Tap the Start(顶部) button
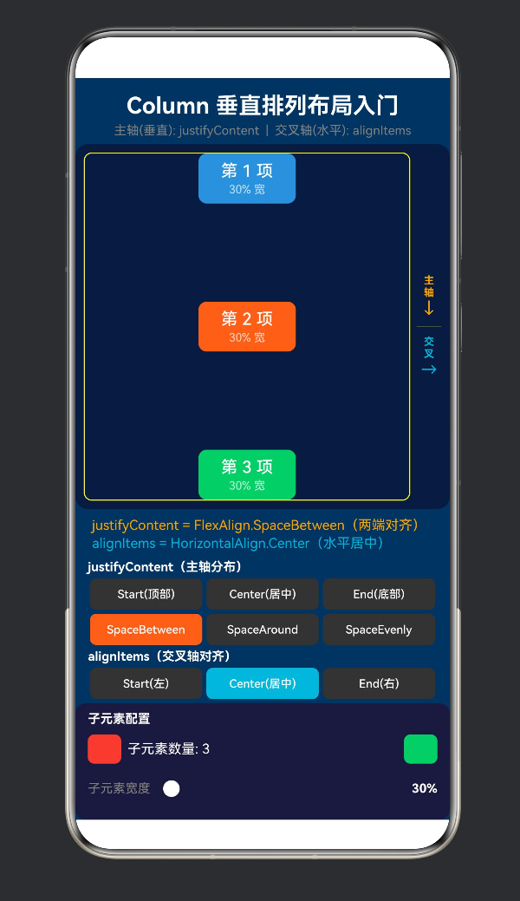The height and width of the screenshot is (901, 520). pos(146,594)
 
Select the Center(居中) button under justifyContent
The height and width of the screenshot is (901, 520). pos(263,594)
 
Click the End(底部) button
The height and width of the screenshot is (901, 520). pos(379,594)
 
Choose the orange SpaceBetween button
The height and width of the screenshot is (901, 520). pos(146,630)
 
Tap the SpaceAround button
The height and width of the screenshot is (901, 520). pos(263,630)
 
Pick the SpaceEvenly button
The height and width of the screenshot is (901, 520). pos(379,630)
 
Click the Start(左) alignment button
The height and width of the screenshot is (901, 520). pos(146,683)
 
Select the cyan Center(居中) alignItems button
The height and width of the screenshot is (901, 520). pos(263,683)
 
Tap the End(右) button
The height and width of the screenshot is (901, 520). pos(379,683)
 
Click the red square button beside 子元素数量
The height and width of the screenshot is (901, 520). pos(105,749)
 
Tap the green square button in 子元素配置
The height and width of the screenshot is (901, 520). pos(420,749)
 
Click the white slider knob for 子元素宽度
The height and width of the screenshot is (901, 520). pos(172,788)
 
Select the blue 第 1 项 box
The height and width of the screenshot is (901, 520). pos(247,179)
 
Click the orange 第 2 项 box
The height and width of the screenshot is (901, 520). pos(247,326)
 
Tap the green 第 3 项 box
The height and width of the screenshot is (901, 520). pos(247,474)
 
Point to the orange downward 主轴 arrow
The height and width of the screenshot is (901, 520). pos(429,308)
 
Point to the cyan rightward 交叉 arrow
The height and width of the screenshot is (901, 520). pos(429,369)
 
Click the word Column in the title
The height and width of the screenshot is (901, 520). pos(167,106)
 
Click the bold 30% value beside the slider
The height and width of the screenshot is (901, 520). pos(425,788)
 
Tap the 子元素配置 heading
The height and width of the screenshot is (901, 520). pos(119,719)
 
